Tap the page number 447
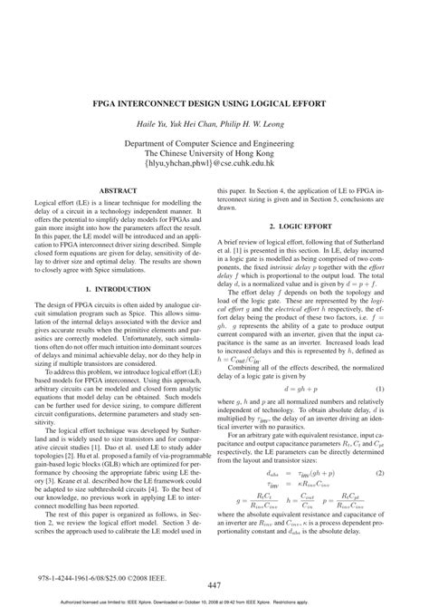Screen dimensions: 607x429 214,585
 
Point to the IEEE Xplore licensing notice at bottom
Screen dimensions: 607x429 214,601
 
